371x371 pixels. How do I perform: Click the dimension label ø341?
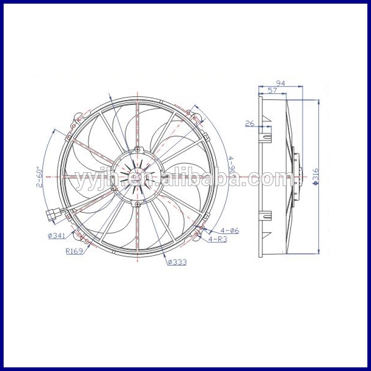point(57,235)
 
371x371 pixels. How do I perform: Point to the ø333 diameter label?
point(176,262)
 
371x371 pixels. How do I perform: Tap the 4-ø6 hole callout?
point(230,230)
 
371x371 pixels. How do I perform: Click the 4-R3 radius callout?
point(219,239)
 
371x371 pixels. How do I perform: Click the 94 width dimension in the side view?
point(280,83)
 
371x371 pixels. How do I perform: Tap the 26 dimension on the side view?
point(250,124)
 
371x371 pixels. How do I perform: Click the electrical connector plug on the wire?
point(53,213)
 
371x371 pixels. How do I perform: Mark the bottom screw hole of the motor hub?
point(138,205)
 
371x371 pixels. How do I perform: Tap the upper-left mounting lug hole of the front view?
point(74,125)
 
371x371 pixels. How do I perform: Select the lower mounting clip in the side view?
point(266,216)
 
